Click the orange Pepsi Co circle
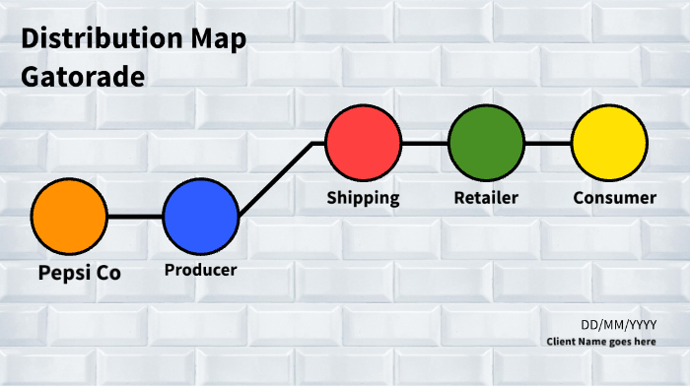point(69,217)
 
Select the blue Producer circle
point(201,217)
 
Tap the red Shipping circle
point(364,143)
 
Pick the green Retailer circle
point(486,143)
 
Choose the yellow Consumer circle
point(610,143)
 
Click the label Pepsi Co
point(80,273)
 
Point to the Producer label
point(201,270)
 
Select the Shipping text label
point(364,197)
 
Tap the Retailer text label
point(486,197)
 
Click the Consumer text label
point(614,197)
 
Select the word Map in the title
point(219,39)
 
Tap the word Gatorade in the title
point(83,76)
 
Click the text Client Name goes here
point(601,342)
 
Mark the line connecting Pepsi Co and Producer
point(135,217)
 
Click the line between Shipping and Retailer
point(425,143)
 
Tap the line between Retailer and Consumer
point(548,143)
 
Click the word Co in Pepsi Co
point(108,273)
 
